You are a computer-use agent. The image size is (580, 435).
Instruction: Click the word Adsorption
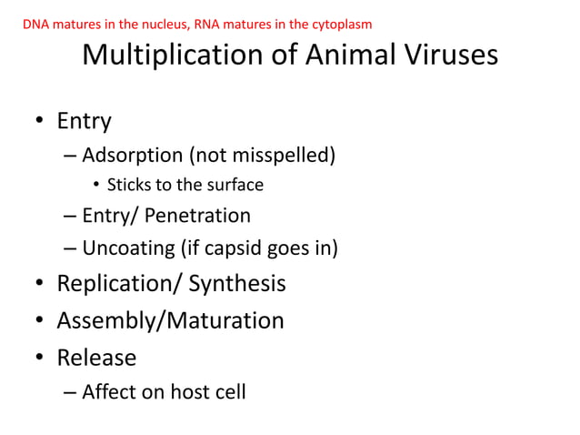tap(135, 156)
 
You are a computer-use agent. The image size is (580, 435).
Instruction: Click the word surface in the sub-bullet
tap(235, 186)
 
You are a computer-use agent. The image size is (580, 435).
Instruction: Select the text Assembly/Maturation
tap(170, 320)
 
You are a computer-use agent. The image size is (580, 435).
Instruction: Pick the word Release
tap(96, 357)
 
